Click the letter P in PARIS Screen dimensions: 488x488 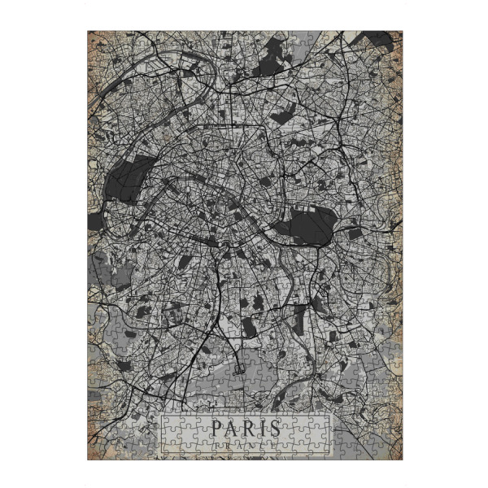click(217, 428)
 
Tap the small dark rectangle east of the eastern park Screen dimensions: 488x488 click(355, 234)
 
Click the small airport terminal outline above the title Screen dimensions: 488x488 click(238, 368)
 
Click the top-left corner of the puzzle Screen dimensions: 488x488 click(88, 31)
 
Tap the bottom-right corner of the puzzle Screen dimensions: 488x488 click(402, 460)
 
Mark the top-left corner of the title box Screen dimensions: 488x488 click(161, 416)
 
